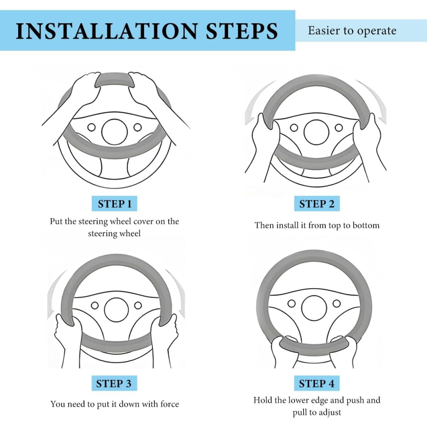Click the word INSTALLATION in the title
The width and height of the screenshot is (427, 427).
click(x=107, y=31)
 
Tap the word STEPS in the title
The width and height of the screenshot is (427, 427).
click(x=242, y=31)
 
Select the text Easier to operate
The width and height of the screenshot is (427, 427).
click(x=352, y=31)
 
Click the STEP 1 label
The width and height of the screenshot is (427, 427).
click(x=114, y=204)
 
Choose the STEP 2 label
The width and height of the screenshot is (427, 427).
click(x=317, y=204)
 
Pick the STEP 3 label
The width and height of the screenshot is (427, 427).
click(x=114, y=383)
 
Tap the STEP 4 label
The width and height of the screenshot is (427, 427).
click(x=317, y=383)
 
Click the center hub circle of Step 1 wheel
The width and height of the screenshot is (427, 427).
click(x=115, y=132)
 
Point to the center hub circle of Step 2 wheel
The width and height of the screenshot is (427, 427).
click(x=316, y=132)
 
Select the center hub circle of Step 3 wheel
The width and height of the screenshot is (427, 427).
click(x=116, y=310)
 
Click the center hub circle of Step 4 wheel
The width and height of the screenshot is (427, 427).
click(x=314, y=308)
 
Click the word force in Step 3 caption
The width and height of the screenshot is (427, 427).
click(x=170, y=404)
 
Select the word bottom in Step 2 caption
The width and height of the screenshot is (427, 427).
click(x=366, y=226)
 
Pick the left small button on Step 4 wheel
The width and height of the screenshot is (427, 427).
click(x=292, y=303)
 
